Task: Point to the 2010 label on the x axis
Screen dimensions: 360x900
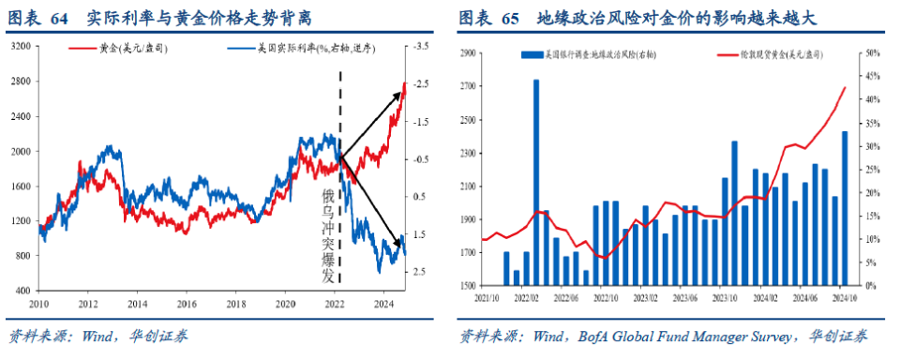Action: coord(38,305)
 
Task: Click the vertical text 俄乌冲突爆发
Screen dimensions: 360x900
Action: coord(328,235)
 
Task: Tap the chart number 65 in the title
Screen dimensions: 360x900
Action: coord(510,18)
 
